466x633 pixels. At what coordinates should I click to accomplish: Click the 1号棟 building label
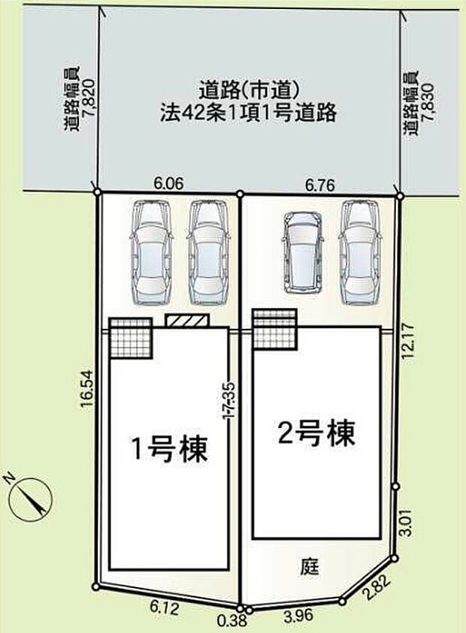pyautogui.click(x=169, y=448)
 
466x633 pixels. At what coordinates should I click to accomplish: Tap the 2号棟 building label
pyautogui.click(x=317, y=433)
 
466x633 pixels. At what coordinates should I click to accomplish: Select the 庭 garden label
pyautogui.click(x=310, y=566)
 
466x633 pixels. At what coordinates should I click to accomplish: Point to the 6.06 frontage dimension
pyautogui.click(x=169, y=184)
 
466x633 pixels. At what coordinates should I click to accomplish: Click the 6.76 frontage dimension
pyautogui.click(x=320, y=185)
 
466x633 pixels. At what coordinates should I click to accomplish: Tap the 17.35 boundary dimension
pyautogui.click(x=229, y=399)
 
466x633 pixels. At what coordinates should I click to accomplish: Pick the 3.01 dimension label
pyautogui.click(x=407, y=522)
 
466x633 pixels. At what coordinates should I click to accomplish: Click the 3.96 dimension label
pyautogui.click(x=298, y=616)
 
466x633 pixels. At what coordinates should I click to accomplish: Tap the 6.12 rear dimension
pyautogui.click(x=164, y=607)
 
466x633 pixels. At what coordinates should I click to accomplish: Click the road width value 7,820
pyautogui.click(x=88, y=98)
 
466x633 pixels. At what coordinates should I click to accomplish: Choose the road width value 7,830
pyautogui.click(x=427, y=102)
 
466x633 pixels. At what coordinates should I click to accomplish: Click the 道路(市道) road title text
pyautogui.click(x=249, y=91)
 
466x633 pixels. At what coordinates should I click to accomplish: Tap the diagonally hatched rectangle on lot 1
pyautogui.click(x=188, y=320)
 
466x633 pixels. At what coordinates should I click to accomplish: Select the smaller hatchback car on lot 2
pyautogui.click(x=304, y=252)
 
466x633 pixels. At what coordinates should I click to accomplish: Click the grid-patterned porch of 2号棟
pyautogui.click(x=275, y=328)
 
